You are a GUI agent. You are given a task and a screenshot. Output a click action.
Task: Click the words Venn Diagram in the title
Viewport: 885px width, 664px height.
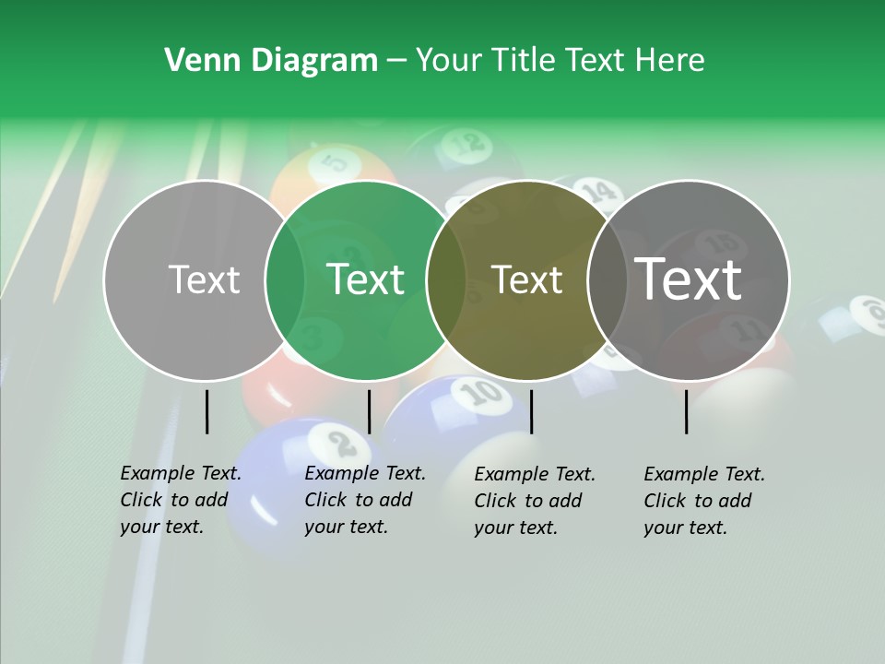coord(271,61)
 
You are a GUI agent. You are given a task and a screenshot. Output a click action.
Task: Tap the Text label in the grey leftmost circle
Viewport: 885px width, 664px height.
coord(204,279)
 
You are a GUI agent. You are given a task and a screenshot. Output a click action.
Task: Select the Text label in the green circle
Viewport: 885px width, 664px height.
coord(366,279)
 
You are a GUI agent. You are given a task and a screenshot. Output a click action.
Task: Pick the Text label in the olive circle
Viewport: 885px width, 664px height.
coord(526,279)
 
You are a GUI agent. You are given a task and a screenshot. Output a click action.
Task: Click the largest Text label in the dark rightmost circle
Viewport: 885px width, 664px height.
coord(689,279)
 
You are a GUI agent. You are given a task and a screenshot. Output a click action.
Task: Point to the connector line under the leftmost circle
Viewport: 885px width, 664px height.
coord(206,411)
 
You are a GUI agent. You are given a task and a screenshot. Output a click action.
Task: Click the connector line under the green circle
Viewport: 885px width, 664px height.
coord(369,411)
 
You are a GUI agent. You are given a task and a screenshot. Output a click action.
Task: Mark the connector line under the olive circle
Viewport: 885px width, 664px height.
coord(531,411)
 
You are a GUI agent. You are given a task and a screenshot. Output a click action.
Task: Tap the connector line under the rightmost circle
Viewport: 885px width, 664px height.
coord(687,411)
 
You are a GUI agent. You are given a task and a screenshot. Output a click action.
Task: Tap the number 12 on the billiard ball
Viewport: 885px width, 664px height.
coord(469,143)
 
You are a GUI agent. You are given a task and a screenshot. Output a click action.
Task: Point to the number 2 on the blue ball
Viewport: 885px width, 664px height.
coord(342,443)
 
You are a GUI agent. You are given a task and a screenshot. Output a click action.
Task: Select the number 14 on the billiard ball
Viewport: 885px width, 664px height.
coord(597,192)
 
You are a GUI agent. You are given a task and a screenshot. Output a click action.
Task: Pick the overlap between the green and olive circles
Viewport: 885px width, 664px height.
coord(446,279)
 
